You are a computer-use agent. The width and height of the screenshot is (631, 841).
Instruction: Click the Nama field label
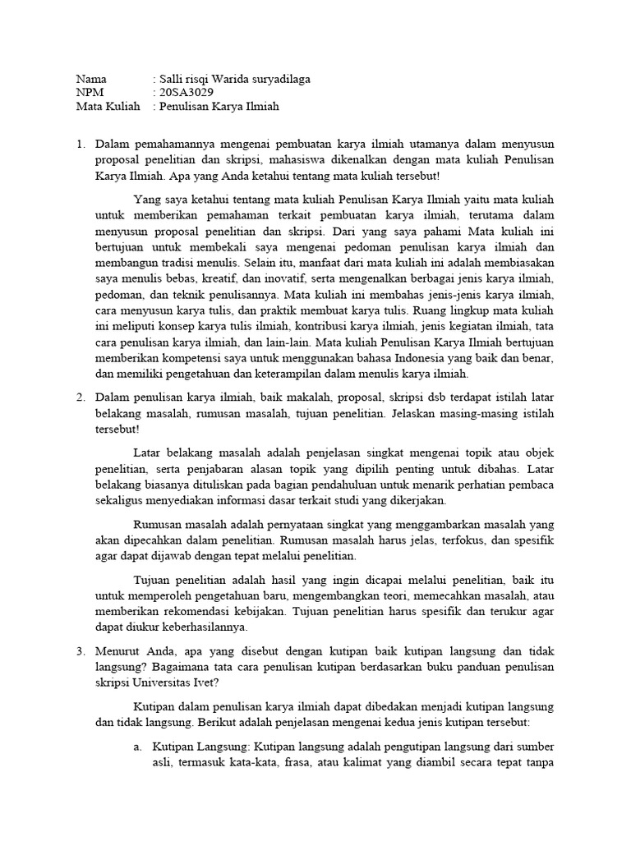[x=91, y=79]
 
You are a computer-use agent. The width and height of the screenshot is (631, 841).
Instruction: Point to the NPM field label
[x=90, y=93]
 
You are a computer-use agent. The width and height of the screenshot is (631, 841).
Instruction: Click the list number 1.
[x=81, y=145]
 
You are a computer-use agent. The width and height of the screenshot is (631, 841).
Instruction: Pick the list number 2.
[x=81, y=397]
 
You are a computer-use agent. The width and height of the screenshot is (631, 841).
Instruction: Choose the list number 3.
[x=81, y=650]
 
